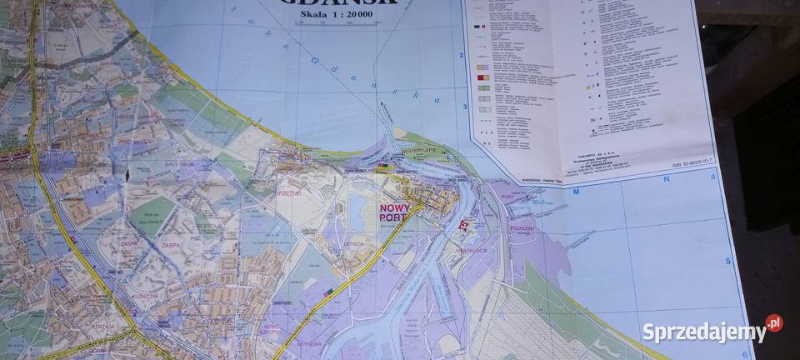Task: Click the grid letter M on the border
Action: [x=576, y=191]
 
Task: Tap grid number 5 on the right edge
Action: [x=727, y=261]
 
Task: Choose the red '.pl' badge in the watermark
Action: [x=774, y=323]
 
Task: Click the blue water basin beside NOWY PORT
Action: [x=359, y=209]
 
